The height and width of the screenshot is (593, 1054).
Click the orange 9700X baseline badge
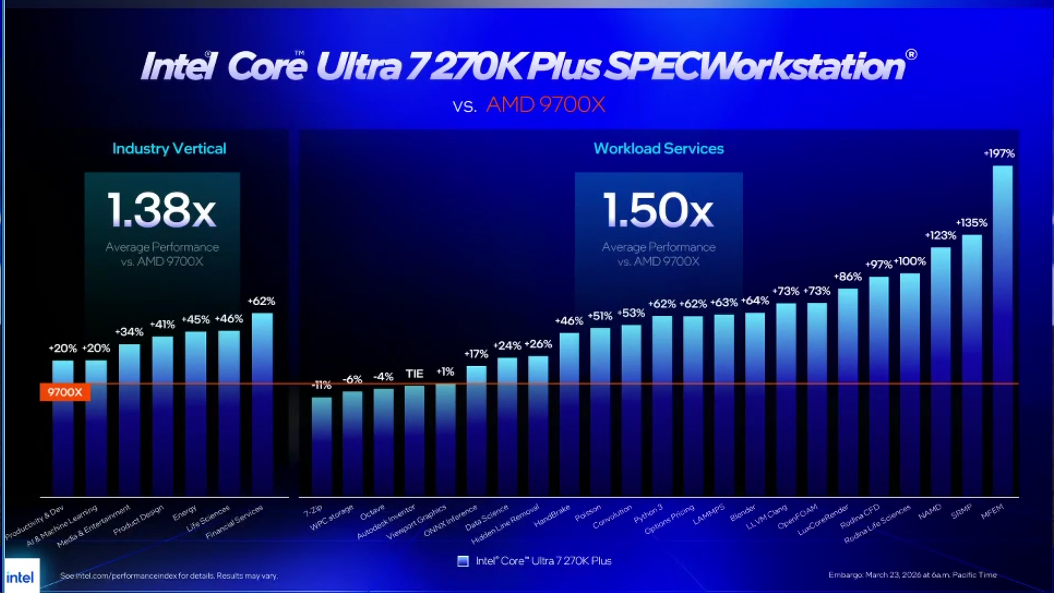point(65,392)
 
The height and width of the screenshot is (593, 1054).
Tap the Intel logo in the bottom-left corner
point(20,576)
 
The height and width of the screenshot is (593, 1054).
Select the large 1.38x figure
point(162,210)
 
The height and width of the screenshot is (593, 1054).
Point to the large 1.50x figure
point(658,210)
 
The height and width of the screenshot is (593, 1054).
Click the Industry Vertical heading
point(169,149)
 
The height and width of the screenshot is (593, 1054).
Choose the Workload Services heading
point(658,149)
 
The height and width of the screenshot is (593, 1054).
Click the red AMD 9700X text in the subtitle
point(545,105)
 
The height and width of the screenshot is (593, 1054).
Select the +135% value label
point(971,223)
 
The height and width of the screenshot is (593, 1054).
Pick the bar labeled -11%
point(322,444)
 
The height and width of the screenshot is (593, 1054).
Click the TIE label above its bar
point(414,373)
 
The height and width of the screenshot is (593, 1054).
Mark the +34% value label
point(129,332)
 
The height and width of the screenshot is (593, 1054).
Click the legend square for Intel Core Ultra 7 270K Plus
point(463,561)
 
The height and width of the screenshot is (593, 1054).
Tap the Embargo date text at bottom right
point(912,575)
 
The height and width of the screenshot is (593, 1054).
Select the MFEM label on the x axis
point(992,511)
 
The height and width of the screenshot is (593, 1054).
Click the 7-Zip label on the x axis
point(313,511)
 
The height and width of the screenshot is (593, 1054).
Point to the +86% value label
point(848,277)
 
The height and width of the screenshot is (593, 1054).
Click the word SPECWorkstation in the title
point(755,66)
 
